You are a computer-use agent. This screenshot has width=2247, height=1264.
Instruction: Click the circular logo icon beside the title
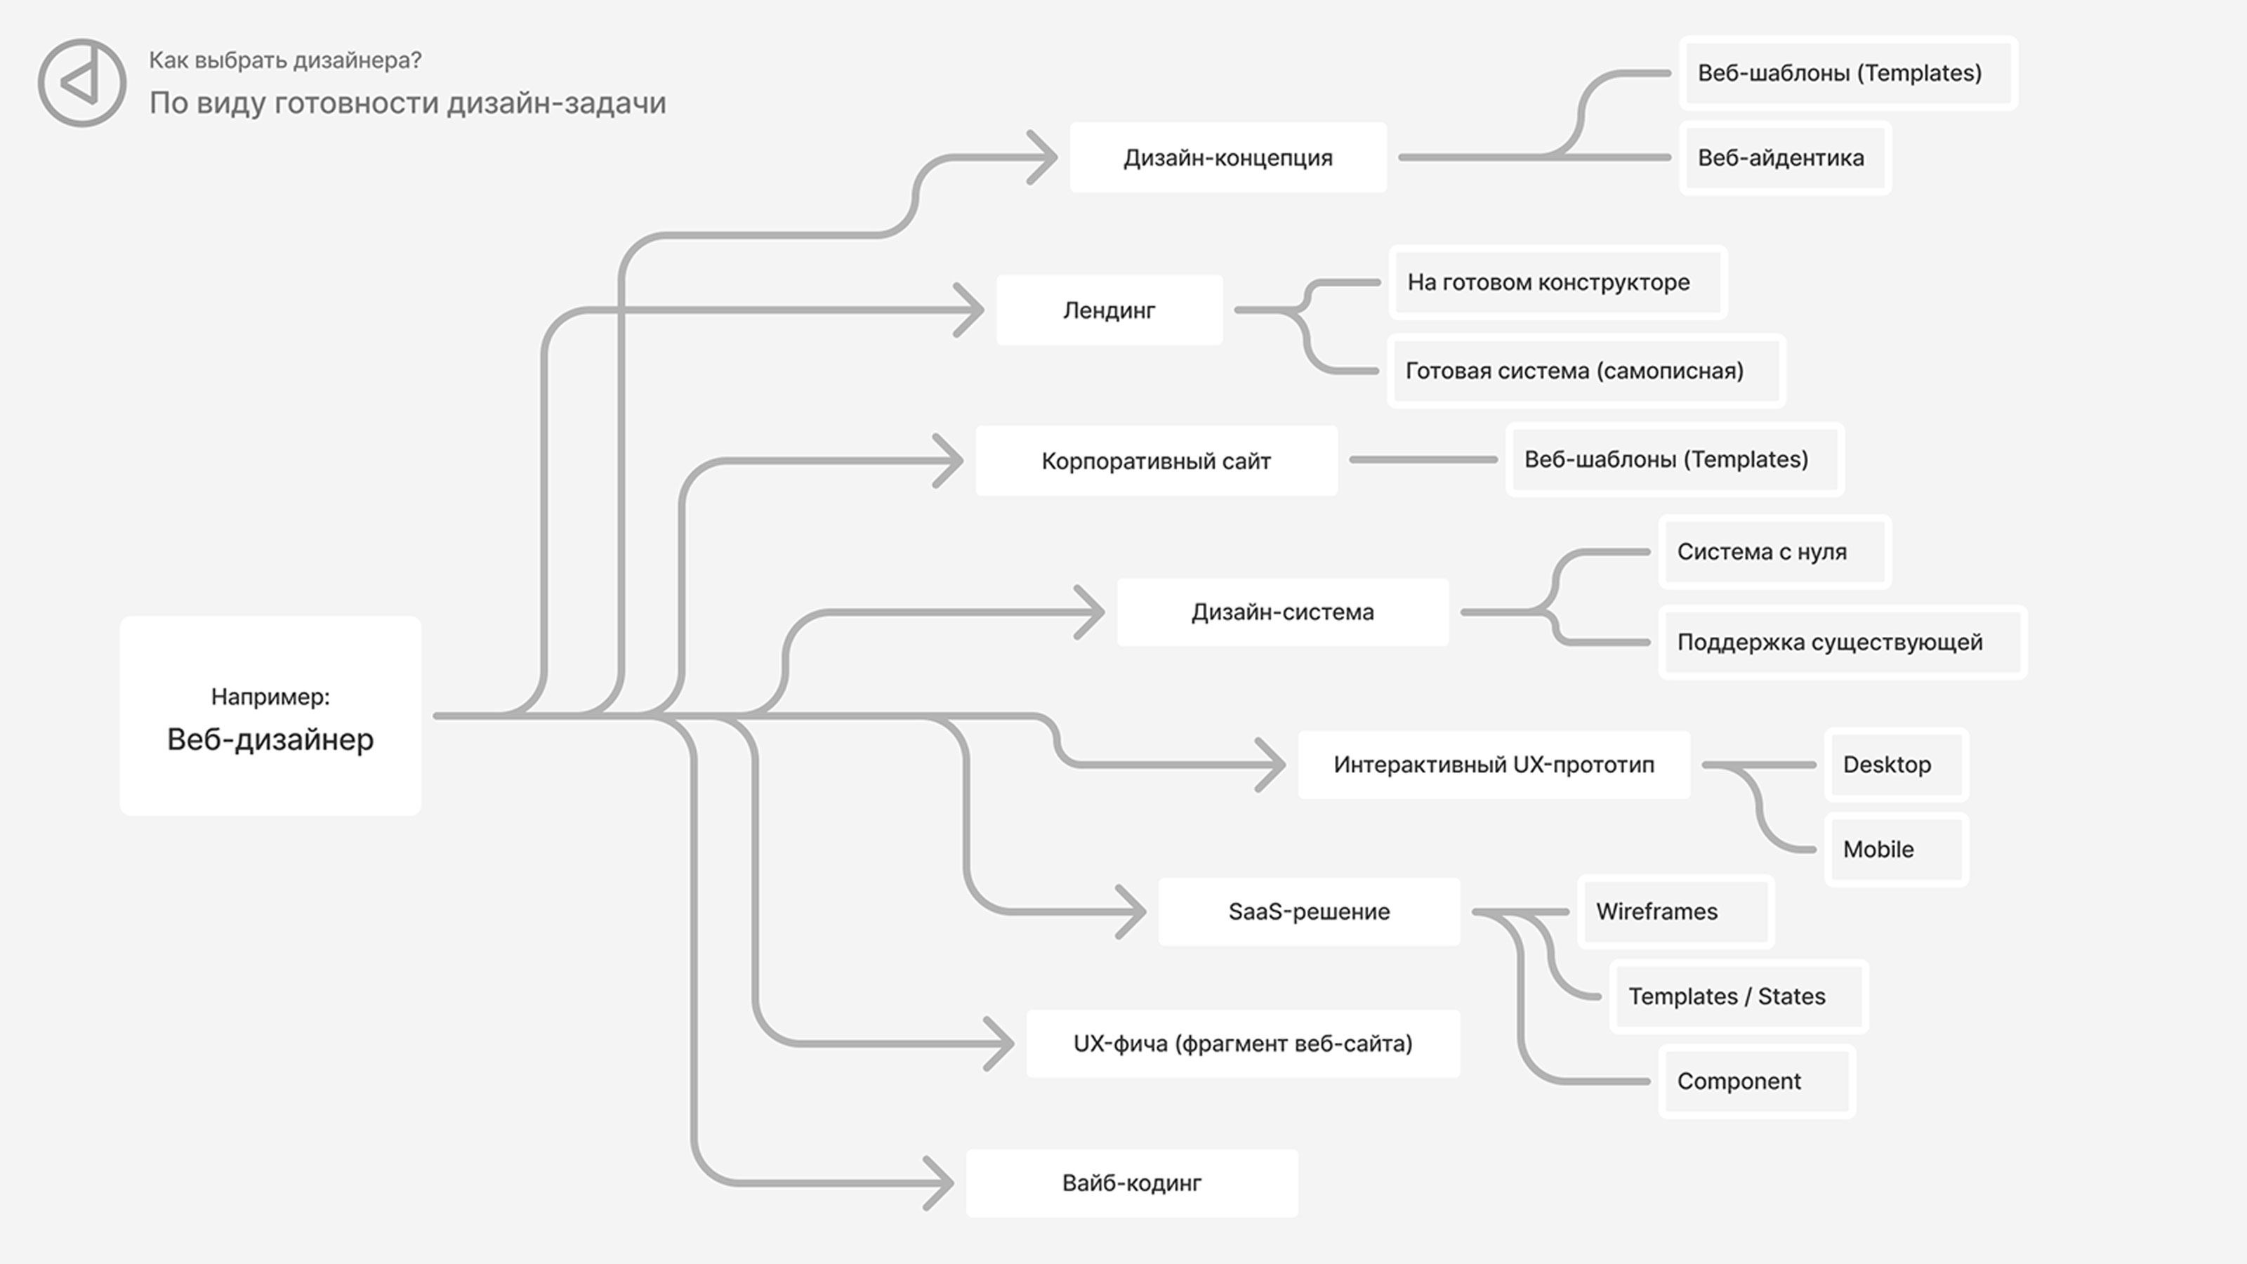click(82, 83)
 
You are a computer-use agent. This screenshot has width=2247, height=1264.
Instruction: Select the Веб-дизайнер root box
click(270, 716)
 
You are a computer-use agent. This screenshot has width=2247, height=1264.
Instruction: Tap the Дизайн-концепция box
click(1228, 157)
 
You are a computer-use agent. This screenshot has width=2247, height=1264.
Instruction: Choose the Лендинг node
click(1109, 310)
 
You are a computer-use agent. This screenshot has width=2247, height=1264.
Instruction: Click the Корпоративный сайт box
click(1157, 461)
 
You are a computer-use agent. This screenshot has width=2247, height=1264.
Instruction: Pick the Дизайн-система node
click(1283, 612)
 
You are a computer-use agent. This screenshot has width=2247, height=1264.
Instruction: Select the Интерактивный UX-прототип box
click(1494, 764)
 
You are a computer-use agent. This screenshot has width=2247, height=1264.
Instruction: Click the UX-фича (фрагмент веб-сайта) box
click(1243, 1044)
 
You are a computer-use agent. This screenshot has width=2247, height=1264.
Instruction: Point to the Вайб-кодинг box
click(1132, 1183)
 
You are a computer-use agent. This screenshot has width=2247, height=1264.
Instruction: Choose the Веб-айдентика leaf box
click(1786, 158)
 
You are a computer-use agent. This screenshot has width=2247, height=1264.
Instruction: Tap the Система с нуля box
click(1775, 551)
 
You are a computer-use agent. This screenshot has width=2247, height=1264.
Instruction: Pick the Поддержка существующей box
click(1843, 642)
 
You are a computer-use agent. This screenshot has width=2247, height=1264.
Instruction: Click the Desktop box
click(1897, 764)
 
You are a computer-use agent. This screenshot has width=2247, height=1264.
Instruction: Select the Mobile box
click(1897, 849)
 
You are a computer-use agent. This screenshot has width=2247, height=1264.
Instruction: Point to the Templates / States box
click(1739, 996)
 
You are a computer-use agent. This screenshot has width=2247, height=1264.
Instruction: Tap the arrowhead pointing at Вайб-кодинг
click(939, 1183)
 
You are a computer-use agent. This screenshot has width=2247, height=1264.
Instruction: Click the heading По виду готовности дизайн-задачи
click(407, 103)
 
